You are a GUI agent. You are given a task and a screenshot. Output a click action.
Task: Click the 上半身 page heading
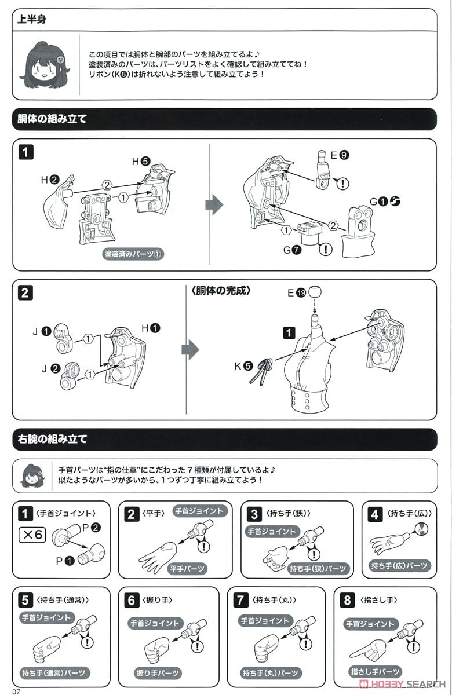point(32,19)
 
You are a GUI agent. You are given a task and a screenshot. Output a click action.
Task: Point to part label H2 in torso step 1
point(48,180)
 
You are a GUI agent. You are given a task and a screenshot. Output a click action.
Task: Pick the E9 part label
point(340,155)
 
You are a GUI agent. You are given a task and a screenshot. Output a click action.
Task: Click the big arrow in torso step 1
point(214,204)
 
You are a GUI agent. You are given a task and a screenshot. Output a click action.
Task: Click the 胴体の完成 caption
point(221,291)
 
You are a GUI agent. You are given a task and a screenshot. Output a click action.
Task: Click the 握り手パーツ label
point(157,673)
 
